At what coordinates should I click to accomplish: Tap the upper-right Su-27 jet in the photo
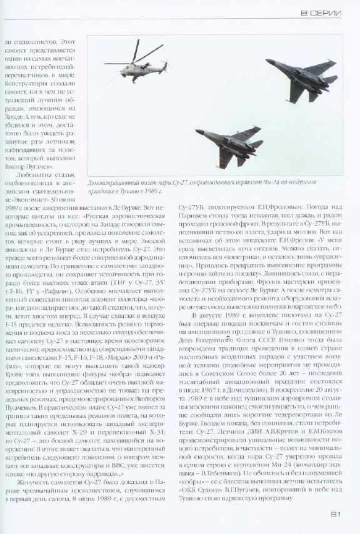[x=299, y=76]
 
